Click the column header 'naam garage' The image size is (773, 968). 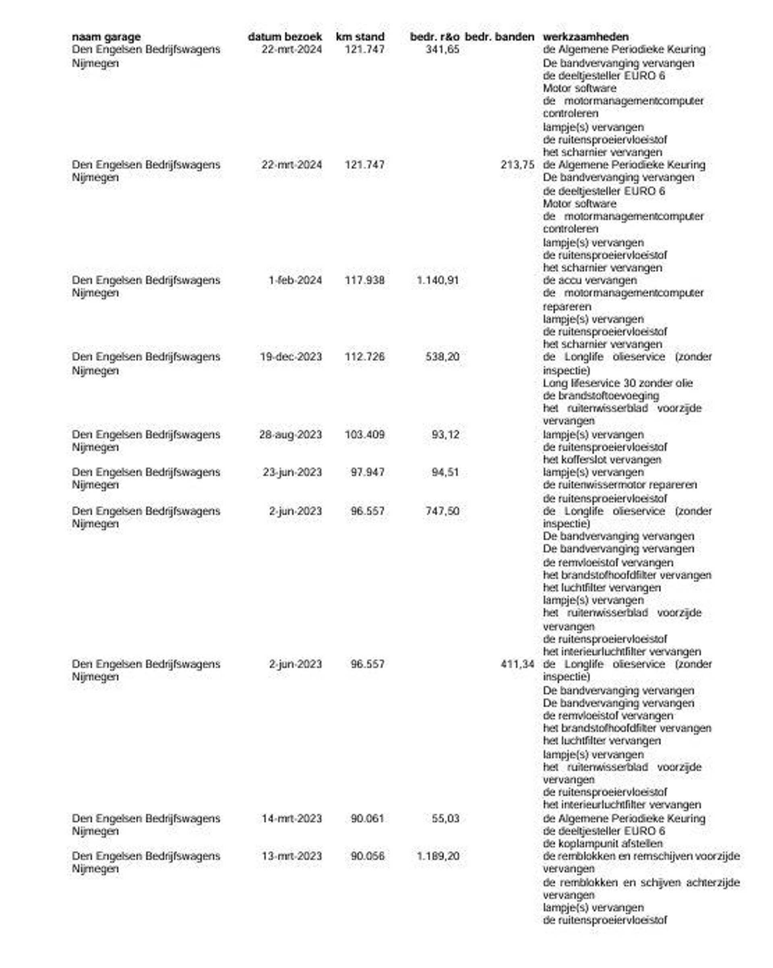106,37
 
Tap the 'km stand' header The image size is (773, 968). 360,37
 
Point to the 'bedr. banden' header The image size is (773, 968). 499,37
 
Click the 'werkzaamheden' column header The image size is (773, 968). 585,37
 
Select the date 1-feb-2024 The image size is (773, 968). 295,280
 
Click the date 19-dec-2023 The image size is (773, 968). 291,357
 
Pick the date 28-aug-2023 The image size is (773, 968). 290,435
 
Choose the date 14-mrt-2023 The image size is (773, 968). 291,819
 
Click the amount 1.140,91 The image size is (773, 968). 437,280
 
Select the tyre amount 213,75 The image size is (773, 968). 517,165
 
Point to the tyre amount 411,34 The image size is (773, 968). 517,664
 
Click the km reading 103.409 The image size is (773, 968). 364,435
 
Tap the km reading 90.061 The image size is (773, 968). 368,819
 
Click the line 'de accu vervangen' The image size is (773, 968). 589,280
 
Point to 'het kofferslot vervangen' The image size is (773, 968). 601,460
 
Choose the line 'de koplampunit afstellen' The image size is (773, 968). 602,844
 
